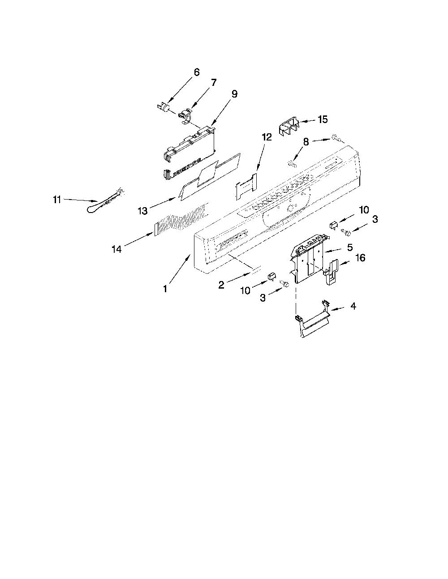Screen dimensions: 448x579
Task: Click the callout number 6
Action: point(196,72)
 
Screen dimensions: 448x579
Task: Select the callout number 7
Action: point(214,82)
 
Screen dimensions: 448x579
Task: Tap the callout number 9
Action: point(234,94)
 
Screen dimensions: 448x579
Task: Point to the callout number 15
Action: point(323,119)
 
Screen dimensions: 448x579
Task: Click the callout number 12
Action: point(267,137)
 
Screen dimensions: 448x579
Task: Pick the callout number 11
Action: point(57,200)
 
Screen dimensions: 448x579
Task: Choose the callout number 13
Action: point(142,211)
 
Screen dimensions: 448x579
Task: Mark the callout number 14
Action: point(117,249)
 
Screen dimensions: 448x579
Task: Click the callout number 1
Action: point(165,289)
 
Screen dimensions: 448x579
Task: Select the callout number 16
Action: point(361,258)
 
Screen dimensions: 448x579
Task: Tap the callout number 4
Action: point(353,306)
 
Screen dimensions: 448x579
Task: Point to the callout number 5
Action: point(350,247)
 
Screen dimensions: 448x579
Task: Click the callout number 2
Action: point(221,285)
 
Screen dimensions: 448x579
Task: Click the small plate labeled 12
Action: point(246,186)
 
